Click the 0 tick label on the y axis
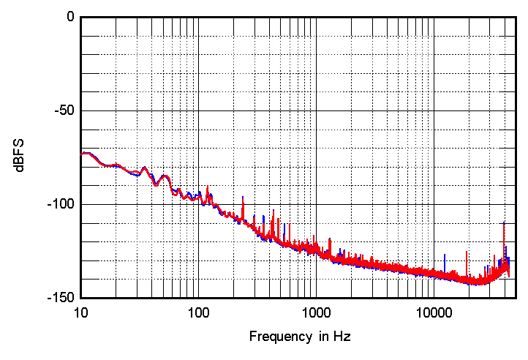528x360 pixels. pos(69,17)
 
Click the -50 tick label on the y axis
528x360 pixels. pos(64,110)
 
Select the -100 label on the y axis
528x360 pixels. pos(61,204)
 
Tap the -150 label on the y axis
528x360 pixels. pos(61,298)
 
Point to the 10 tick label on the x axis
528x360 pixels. pos(81,313)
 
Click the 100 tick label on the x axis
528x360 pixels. pos(198,313)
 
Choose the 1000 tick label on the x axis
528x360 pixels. pos(315,313)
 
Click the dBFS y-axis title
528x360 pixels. pos(21,157)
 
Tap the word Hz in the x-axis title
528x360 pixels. pos(342,337)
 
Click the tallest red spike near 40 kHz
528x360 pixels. pos(505,222)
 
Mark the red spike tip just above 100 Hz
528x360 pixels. pos(208,187)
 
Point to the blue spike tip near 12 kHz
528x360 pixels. pos(445,255)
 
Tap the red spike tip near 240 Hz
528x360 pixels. pos(243,196)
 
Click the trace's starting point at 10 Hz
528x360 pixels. pos(81,154)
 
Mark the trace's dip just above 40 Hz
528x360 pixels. pos(156,185)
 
